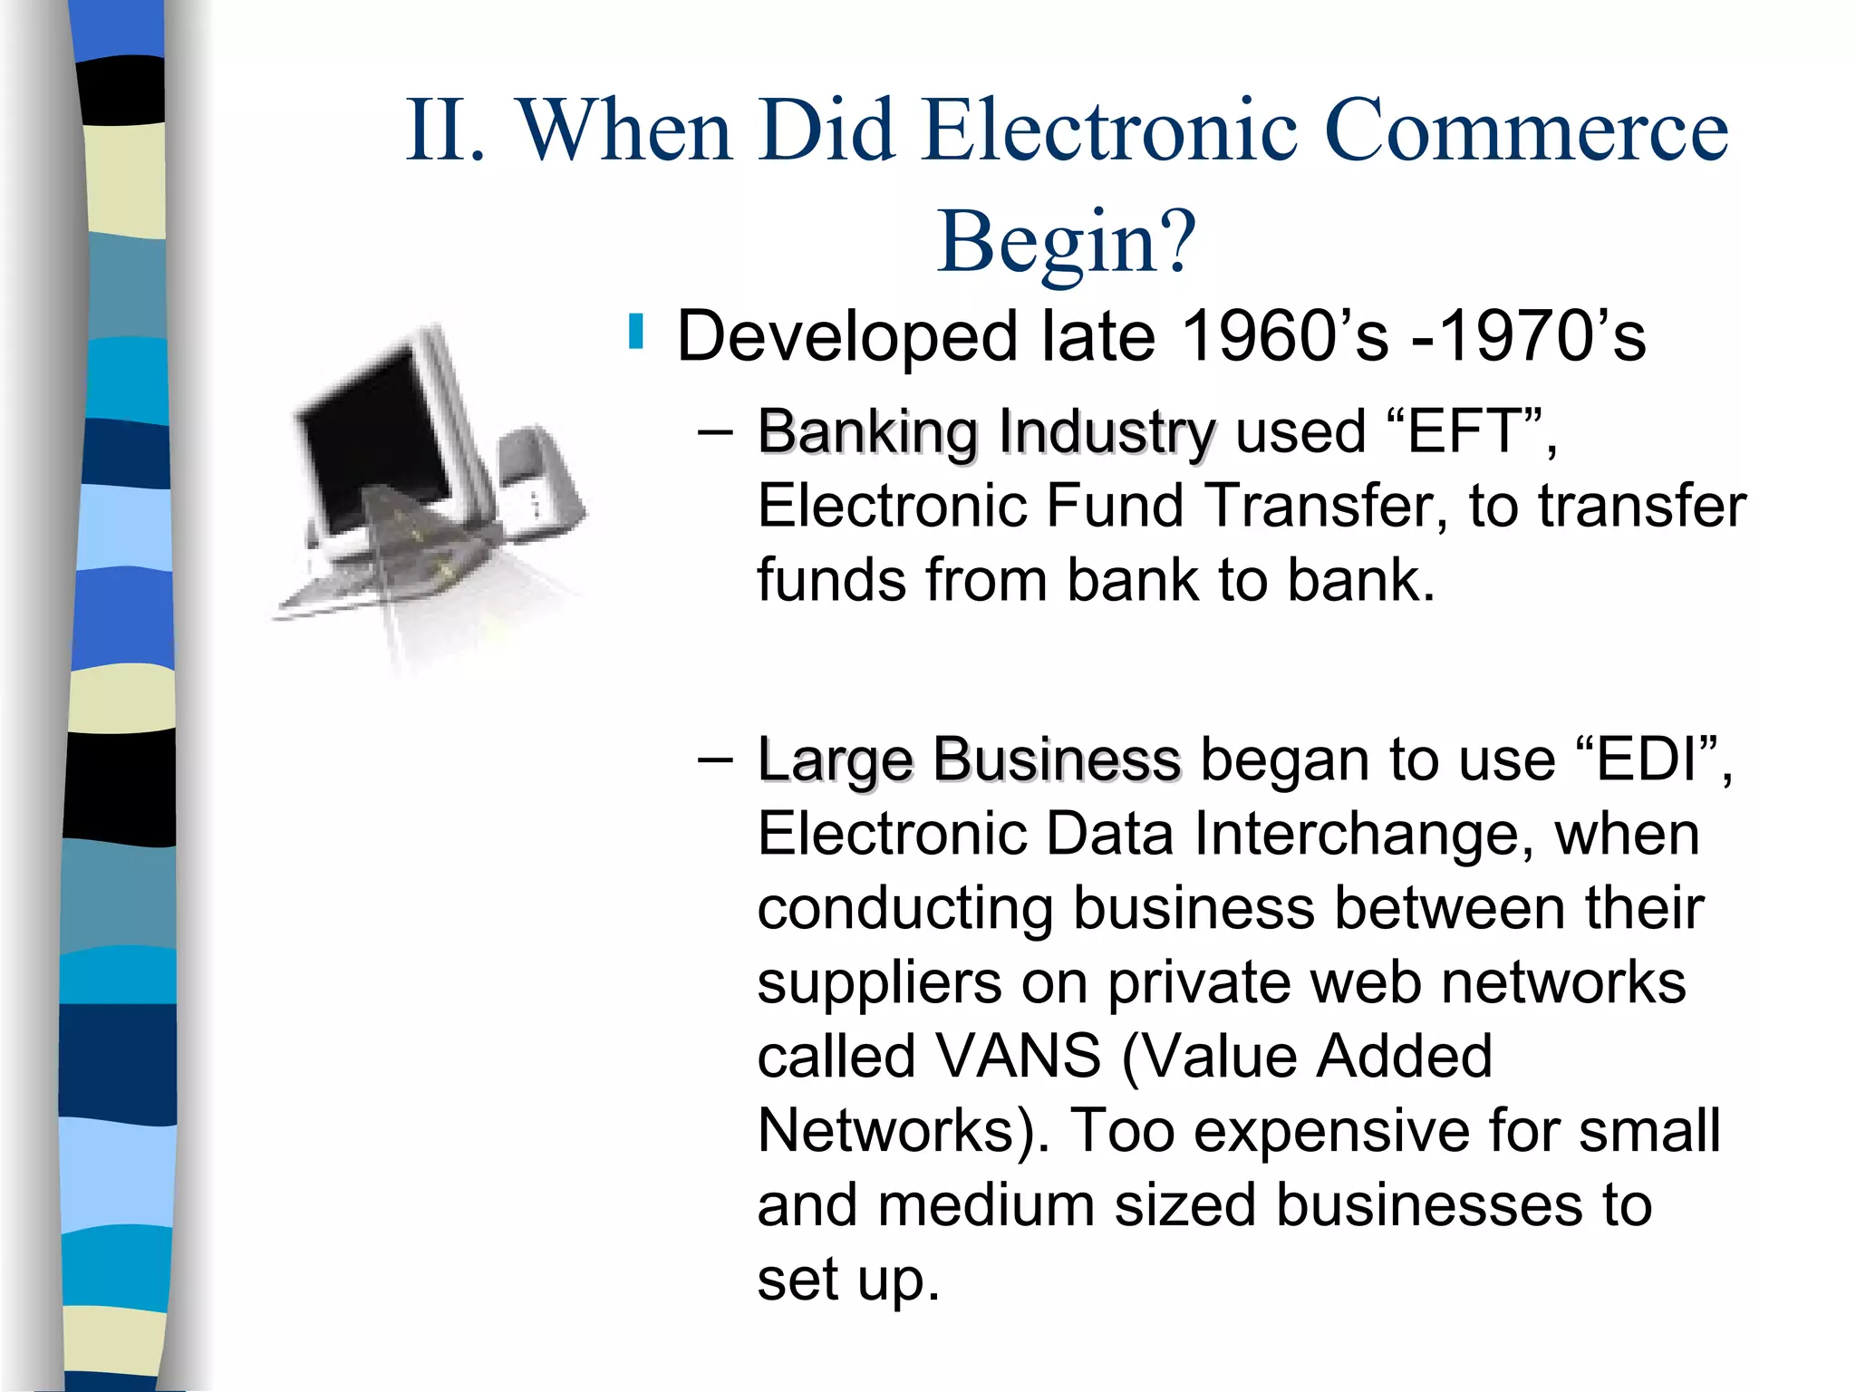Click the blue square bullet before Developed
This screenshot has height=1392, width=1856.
click(636, 332)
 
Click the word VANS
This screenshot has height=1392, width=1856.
click(1017, 1057)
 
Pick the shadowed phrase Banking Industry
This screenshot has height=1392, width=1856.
click(985, 433)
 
